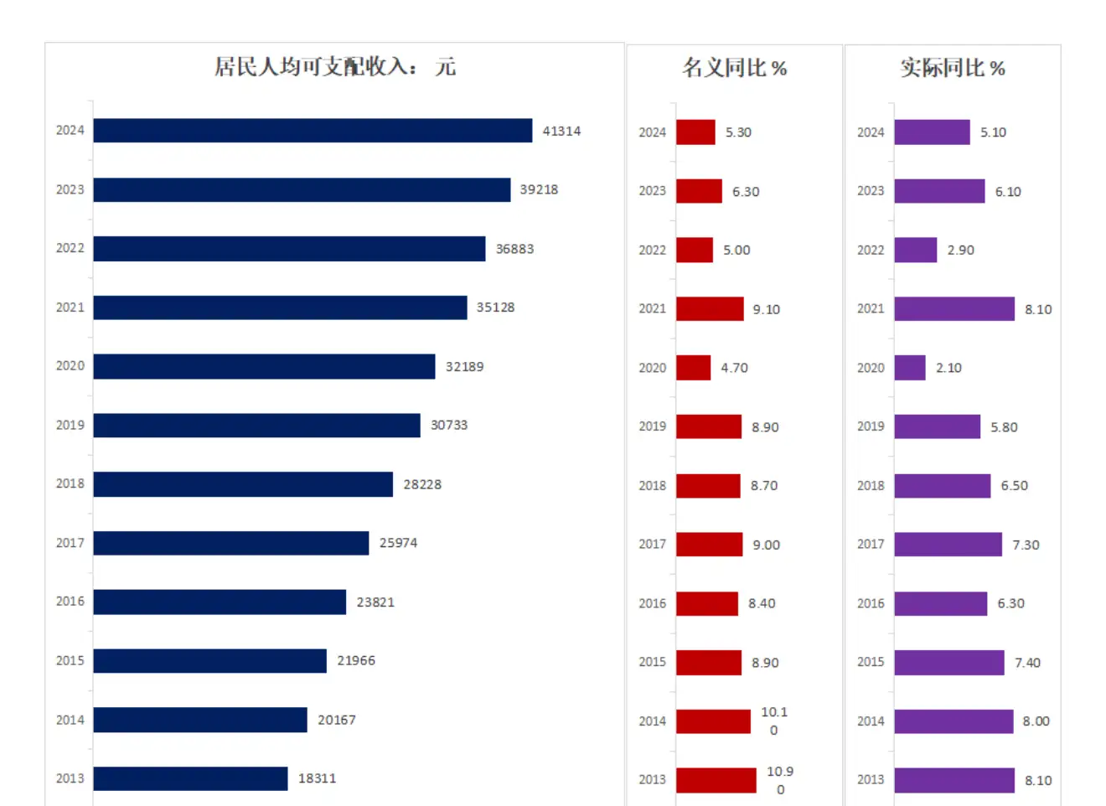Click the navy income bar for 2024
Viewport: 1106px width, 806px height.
click(x=313, y=131)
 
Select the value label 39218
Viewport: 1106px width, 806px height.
click(x=539, y=190)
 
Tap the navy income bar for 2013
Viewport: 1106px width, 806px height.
click(x=190, y=778)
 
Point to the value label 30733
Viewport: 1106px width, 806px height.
click(x=449, y=426)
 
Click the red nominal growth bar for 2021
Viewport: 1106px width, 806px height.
click(x=710, y=309)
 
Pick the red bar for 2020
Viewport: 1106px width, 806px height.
click(x=693, y=368)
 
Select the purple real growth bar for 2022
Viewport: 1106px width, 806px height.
click(x=915, y=251)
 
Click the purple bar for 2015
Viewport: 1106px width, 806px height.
click(x=948, y=663)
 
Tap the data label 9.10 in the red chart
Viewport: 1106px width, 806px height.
click(x=766, y=310)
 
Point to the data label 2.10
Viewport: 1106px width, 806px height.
click(x=948, y=369)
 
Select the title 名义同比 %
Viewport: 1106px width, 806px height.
click(x=734, y=68)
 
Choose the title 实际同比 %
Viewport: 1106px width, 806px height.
click(x=953, y=68)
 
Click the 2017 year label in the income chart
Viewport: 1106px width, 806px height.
click(x=70, y=543)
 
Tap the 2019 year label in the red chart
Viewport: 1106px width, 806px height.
click(x=652, y=426)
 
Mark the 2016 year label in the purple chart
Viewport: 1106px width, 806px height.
click(x=871, y=603)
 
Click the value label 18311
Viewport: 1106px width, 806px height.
click(x=317, y=779)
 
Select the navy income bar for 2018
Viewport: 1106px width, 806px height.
click(x=243, y=484)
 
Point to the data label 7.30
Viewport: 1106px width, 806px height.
click(x=1026, y=545)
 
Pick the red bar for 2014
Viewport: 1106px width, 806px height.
click(x=713, y=721)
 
